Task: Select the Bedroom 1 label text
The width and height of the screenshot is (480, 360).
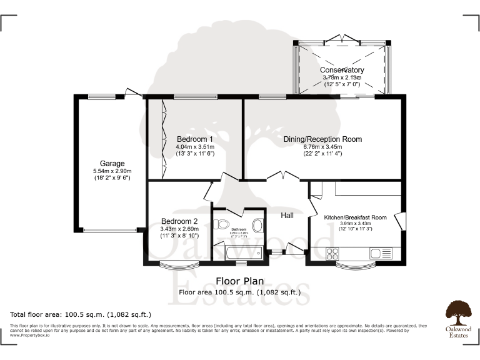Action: [x=195, y=139]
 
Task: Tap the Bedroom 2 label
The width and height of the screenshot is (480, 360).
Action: [x=179, y=221]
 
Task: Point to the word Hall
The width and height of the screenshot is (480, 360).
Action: [x=287, y=216]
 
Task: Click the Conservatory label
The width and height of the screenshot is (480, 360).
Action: [x=342, y=69]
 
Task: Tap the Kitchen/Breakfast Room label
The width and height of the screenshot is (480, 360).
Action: [x=355, y=217]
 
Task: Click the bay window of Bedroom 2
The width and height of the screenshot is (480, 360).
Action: [x=177, y=265]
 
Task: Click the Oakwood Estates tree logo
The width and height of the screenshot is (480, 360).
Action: [x=458, y=311]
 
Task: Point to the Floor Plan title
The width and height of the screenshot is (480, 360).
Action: [x=240, y=281]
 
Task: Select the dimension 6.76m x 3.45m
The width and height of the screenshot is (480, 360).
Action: [x=323, y=147]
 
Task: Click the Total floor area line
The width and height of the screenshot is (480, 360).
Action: [x=81, y=314]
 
